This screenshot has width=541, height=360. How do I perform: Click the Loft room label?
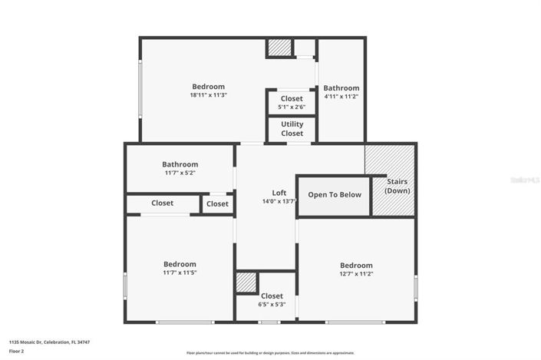(x=279, y=193)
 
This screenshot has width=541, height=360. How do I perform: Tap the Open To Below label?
(x=335, y=195)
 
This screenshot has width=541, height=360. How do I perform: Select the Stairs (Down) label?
(x=396, y=185)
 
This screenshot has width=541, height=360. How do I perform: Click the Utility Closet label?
(x=292, y=128)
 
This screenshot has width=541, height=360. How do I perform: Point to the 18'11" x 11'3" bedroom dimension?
(x=208, y=95)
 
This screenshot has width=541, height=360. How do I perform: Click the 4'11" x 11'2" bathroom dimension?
(x=341, y=97)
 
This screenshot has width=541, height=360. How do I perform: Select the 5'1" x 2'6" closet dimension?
(x=292, y=107)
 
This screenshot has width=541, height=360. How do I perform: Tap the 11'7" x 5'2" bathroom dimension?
(x=180, y=173)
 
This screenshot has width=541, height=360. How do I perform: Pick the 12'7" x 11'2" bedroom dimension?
(x=356, y=274)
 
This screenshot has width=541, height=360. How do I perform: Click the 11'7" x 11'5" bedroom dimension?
(x=180, y=272)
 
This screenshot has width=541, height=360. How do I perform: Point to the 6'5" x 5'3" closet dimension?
(x=272, y=305)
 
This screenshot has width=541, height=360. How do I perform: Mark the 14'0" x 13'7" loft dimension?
(x=279, y=202)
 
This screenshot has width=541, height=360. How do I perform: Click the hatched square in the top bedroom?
(x=279, y=48)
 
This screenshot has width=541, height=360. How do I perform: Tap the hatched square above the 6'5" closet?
(x=246, y=282)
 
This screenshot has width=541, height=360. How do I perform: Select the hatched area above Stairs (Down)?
(x=389, y=159)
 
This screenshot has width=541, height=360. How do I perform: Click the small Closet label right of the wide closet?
(x=217, y=204)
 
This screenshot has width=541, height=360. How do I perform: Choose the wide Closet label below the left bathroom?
(x=162, y=203)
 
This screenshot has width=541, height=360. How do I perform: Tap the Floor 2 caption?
(x=16, y=352)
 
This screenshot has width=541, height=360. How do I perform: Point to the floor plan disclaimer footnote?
(x=270, y=353)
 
